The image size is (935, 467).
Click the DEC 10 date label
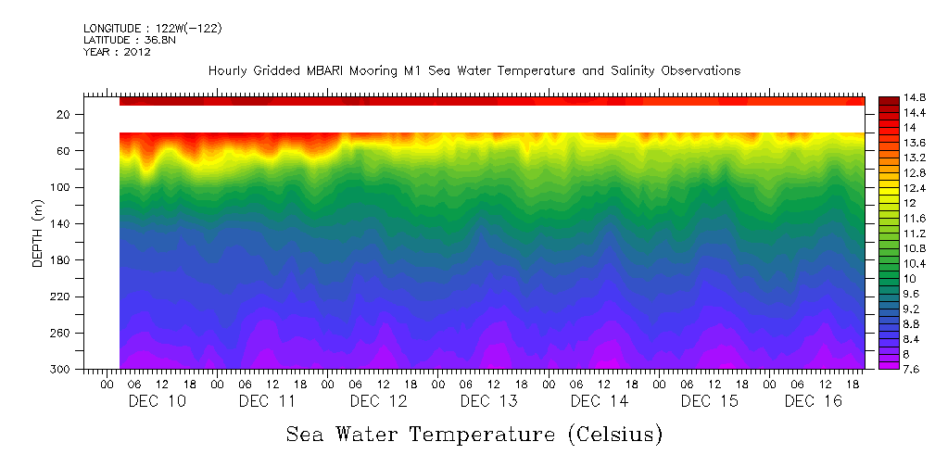click(157, 401)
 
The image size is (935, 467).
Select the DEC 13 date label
click(488, 401)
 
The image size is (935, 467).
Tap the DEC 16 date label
click(813, 401)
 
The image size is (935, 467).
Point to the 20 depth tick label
click(64, 115)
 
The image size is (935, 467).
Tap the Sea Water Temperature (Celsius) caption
click(474, 434)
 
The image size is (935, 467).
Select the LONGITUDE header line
click(152, 29)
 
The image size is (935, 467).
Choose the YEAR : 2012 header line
click(117, 52)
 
